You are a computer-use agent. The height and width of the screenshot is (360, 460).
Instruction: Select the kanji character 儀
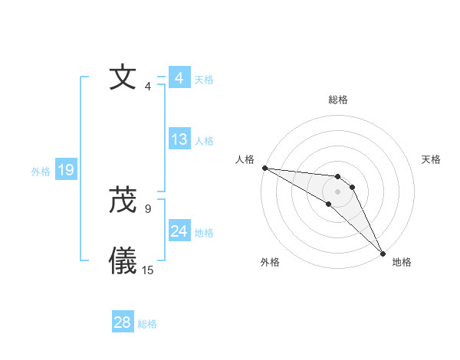(123, 261)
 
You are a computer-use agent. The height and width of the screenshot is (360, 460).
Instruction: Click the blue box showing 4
(179, 78)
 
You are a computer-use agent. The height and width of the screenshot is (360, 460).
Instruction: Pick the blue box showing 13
(179, 139)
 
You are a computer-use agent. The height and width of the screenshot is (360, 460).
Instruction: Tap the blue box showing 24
(179, 231)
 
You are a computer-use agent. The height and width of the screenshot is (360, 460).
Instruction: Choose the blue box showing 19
(66, 170)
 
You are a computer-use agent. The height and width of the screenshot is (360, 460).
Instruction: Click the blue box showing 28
(122, 322)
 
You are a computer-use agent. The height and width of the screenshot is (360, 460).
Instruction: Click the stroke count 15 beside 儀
(148, 270)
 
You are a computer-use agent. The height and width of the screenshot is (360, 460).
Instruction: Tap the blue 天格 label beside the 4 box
(204, 80)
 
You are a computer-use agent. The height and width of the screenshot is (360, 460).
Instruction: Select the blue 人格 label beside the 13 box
(204, 141)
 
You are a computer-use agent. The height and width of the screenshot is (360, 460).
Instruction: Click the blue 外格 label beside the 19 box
(41, 172)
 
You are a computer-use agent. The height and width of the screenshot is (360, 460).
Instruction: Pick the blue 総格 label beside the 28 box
(147, 324)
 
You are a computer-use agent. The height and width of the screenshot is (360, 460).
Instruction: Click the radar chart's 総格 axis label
(338, 100)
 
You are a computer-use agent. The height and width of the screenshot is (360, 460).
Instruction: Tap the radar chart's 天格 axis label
(432, 159)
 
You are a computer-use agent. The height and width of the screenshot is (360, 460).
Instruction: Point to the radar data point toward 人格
(264, 168)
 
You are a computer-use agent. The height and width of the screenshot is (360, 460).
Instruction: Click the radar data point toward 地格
(383, 252)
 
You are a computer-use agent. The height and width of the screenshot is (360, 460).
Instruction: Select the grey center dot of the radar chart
(338, 191)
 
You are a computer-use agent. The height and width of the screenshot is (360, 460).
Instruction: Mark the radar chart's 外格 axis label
(270, 262)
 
